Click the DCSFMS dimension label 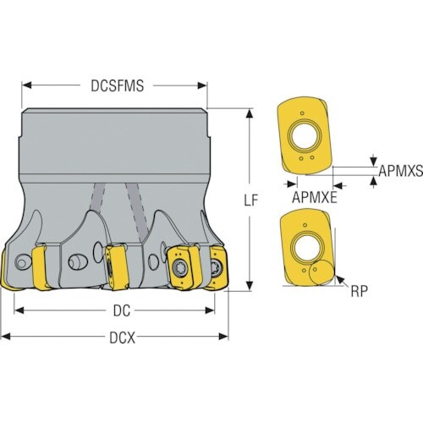117,85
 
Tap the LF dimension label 250,201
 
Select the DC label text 122,311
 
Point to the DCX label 123,338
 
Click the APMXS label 400,171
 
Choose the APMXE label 315,197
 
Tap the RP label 360,291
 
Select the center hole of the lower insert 307,248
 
